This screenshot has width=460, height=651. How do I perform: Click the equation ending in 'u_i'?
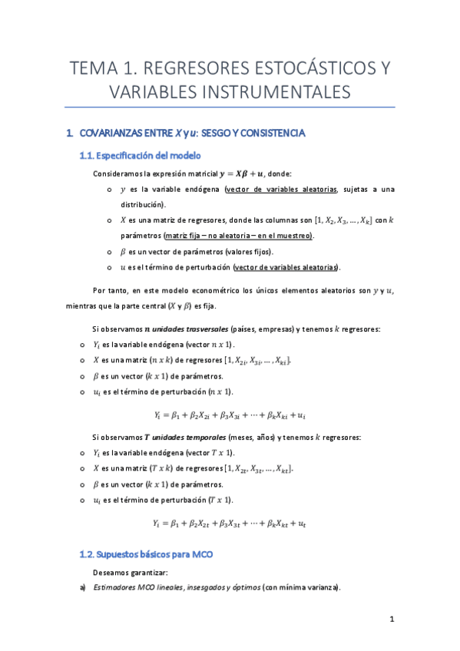click(230, 415)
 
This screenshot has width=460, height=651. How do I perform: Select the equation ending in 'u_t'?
click(230, 524)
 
